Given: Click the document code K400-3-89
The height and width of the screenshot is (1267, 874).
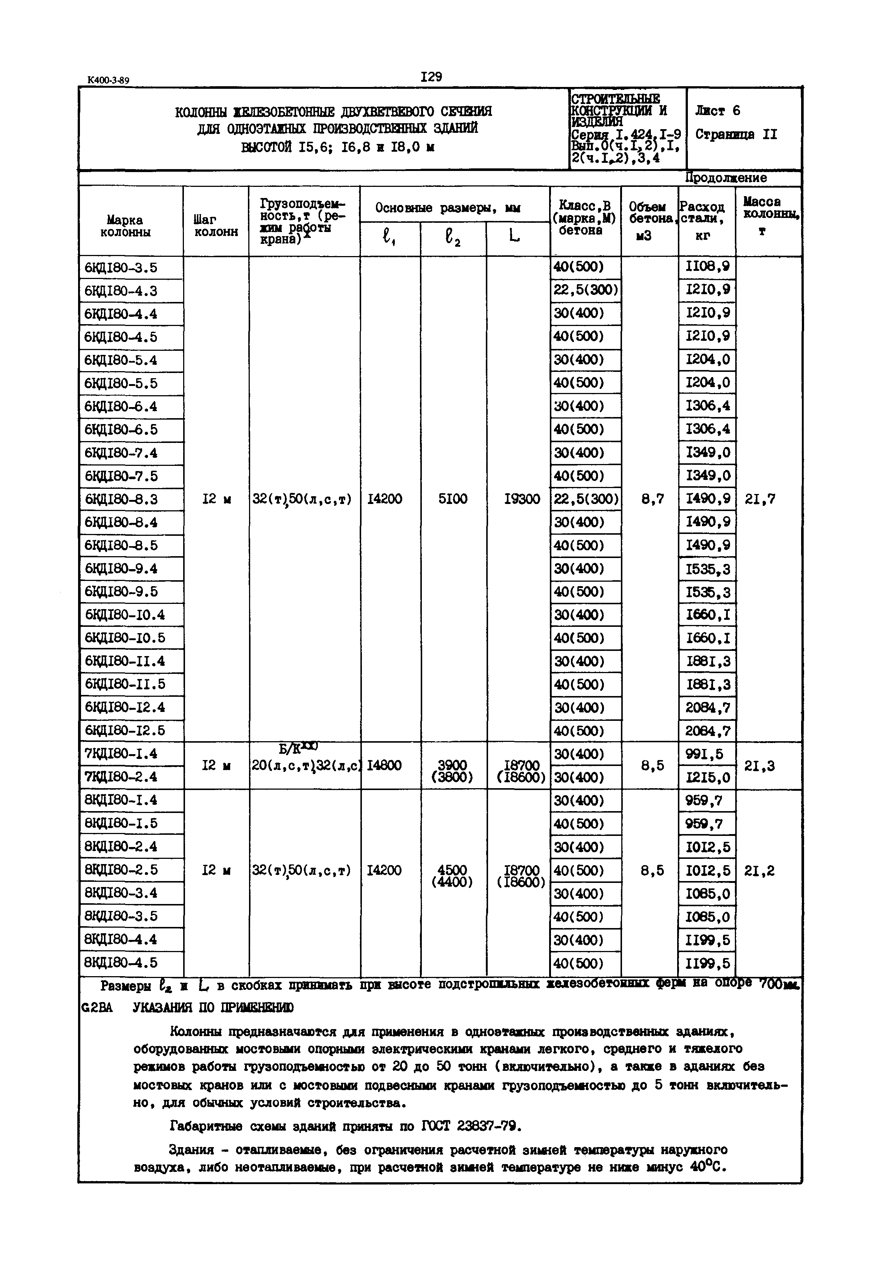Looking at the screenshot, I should point(108,81).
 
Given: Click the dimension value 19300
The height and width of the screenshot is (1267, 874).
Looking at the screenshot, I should point(522,499).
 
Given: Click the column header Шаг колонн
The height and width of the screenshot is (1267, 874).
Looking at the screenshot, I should point(216,226).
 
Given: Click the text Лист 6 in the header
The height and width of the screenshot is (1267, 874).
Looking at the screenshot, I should point(717,111).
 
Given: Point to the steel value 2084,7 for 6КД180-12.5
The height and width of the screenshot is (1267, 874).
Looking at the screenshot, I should point(707,731).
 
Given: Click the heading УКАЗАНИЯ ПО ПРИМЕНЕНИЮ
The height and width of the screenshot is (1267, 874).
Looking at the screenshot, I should point(213,1008).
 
